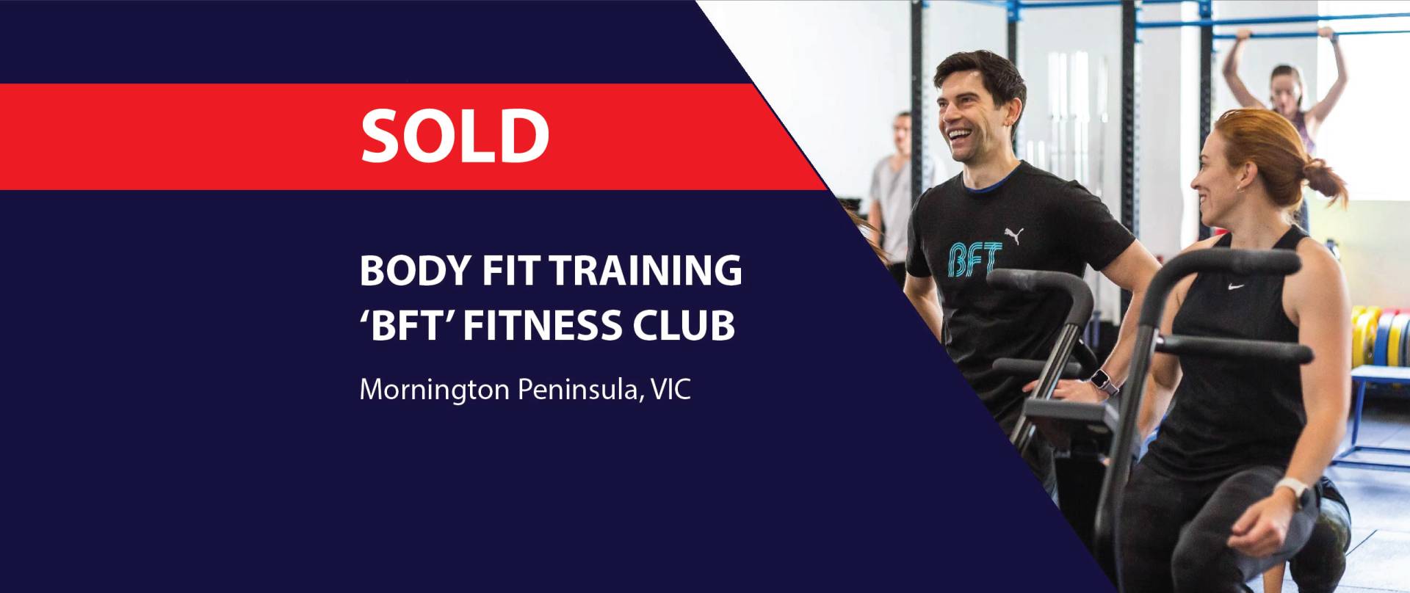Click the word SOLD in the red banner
click(455, 136)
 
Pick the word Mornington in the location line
click(434, 390)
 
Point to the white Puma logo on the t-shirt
click(1014, 236)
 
